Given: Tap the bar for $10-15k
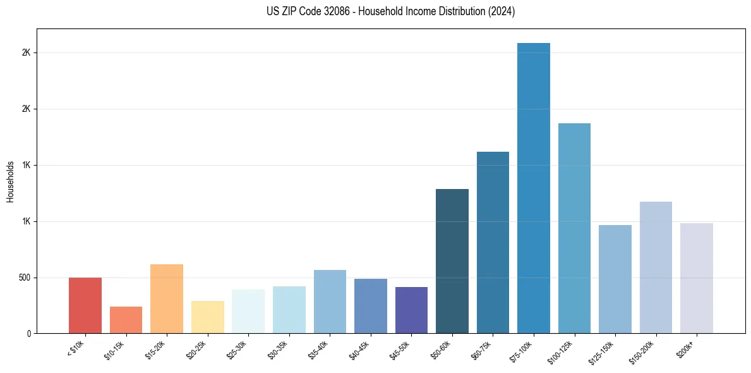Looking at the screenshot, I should [x=126, y=320].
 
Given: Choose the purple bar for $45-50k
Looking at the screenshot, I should [x=411, y=310].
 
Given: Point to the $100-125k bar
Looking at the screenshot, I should [x=574, y=228].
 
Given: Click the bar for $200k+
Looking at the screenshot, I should [x=697, y=278].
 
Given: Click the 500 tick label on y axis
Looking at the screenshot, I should [x=24, y=278].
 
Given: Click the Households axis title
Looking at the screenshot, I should [x=10, y=181].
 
